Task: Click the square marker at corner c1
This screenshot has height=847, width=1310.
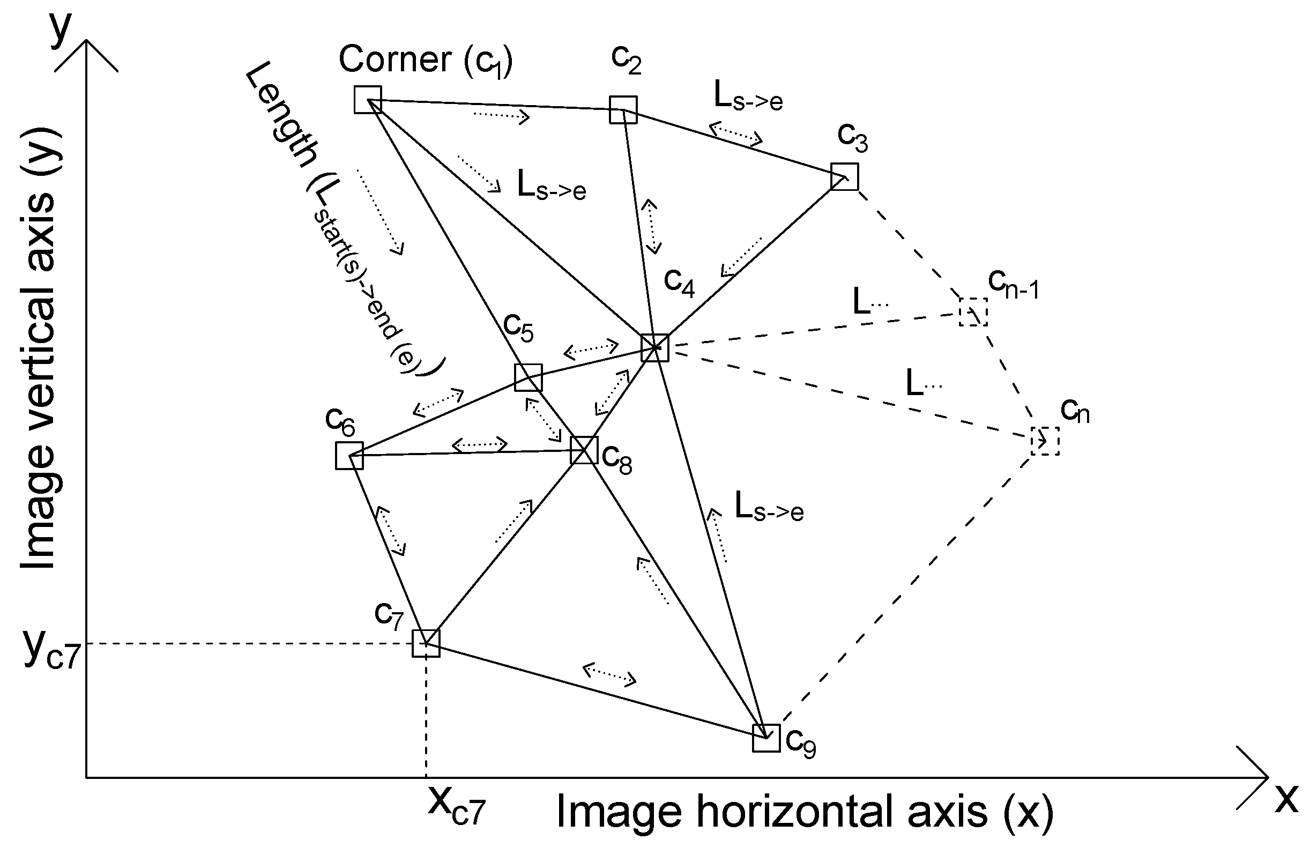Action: tap(367, 100)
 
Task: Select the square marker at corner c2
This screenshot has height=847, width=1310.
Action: tap(623, 109)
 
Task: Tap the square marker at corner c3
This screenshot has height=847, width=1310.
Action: tap(844, 176)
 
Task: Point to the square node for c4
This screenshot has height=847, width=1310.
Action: tap(655, 347)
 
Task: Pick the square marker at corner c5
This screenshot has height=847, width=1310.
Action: tap(528, 377)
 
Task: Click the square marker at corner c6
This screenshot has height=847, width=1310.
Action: tap(349, 456)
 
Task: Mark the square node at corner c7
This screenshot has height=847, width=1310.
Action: tap(426, 643)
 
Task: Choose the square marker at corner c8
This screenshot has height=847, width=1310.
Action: tap(584, 450)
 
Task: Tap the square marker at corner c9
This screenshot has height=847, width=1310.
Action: tap(766, 738)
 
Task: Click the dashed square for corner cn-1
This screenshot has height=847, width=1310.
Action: tap(973, 313)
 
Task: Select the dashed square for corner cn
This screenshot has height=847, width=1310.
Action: tap(1044, 441)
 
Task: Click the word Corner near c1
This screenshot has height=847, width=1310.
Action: tap(395, 59)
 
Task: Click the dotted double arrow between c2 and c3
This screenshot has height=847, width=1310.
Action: tap(735, 133)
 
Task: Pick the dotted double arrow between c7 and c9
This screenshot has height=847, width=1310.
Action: tap(609, 675)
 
